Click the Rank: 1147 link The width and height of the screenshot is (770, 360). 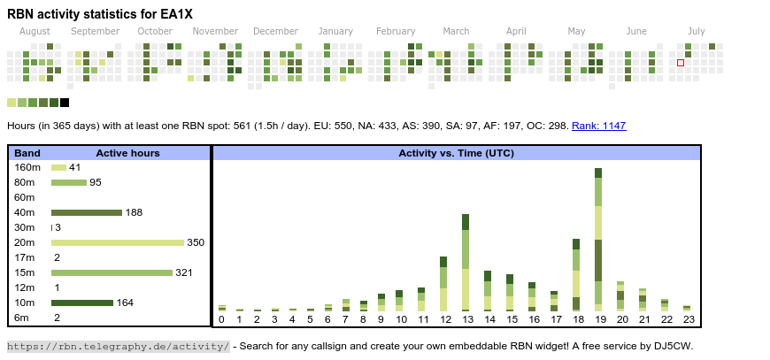tap(598, 126)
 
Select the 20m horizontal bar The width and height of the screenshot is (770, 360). tap(117, 242)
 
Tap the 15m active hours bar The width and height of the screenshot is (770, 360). tap(112, 272)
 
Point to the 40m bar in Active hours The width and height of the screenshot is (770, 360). tap(86, 212)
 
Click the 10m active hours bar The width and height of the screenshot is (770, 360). tap(82, 303)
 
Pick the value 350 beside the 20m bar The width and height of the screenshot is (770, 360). tap(196, 242)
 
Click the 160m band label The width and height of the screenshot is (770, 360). tap(27, 167)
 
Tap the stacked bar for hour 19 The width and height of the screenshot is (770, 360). tap(598, 239)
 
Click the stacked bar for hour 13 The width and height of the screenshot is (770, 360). tap(466, 262)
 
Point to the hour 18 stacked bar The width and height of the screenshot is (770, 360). tap(576, 274)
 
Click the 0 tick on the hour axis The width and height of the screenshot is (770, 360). tap(221, 319)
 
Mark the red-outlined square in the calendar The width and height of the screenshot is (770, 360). tap(681, 63)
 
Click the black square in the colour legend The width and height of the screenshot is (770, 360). tap(65, 103)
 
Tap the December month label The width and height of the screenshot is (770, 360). tap(281, 31)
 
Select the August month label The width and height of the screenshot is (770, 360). tap(35, 31)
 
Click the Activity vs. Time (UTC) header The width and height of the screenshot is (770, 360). tap(456, 153)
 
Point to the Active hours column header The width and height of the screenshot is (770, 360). tap(127, 153)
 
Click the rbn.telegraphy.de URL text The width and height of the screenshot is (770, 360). tap(119, 346)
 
